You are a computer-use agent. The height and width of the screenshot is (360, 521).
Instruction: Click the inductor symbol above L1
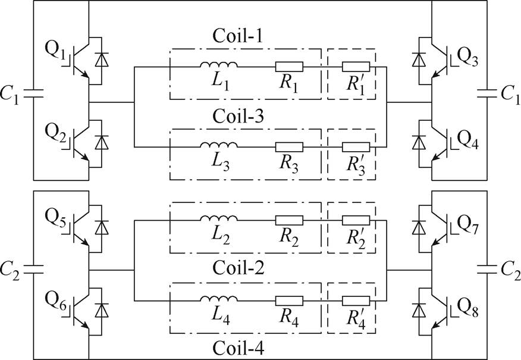tap(218, 65)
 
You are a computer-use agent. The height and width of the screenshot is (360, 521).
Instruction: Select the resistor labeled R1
tap(289, 67)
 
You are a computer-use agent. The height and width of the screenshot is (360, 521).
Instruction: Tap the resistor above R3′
tap(356, 145)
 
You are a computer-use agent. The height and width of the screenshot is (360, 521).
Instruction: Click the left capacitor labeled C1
tap(33, 93)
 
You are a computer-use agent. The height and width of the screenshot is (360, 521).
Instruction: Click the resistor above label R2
tap(289, 221)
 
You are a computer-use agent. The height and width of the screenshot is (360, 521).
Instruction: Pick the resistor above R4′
tap(356, 302)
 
